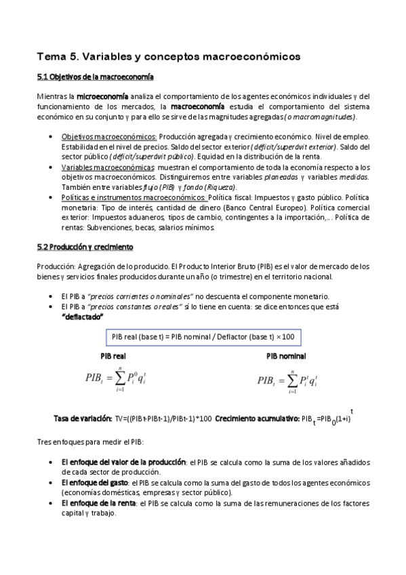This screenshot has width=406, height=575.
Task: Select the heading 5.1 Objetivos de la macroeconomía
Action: point(95,77)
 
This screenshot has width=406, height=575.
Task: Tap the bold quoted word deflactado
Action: point(82,317)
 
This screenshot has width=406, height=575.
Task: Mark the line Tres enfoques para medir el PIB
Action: point(90,442)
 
